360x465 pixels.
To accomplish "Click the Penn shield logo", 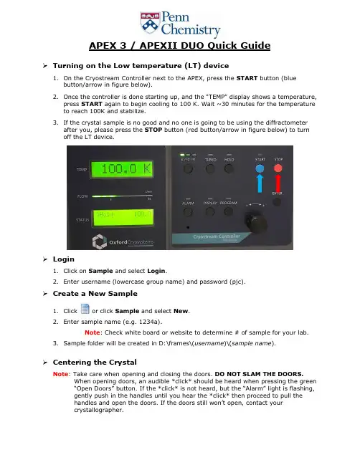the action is (x=150, y=22).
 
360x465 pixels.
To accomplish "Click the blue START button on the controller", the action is (x=260, y=168).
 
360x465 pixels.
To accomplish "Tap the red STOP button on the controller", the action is (x=278, y=168).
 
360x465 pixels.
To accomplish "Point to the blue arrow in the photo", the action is (x=260, y=183).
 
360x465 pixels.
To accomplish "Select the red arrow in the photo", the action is (x=278, y=183).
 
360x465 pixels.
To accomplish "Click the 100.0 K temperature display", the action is (x=122, y=169).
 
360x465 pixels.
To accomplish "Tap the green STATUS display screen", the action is (x=123, y=218).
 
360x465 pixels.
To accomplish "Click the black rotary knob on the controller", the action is (x=255, y=223).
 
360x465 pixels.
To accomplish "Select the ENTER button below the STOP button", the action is (x=277, y=202).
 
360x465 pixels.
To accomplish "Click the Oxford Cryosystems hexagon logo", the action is (x=100, y=241).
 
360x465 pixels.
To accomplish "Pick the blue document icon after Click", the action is (x=85, y=309).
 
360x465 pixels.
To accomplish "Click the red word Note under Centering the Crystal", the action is (x=60, y=374).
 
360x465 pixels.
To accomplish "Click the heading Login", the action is (x=64, y=259).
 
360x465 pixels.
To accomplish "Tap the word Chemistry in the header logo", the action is (x=191, y=29).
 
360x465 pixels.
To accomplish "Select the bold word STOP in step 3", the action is (x=153, y=130).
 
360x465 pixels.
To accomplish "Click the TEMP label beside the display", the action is (x=82, y=170).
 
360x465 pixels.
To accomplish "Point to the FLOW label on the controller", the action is (x=82, y=196).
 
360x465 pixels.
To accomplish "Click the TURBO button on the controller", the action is (x=210, y=168).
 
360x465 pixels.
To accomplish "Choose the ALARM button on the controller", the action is (x=188, y=212).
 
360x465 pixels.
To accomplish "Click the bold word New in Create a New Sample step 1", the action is (x=181, y=311).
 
